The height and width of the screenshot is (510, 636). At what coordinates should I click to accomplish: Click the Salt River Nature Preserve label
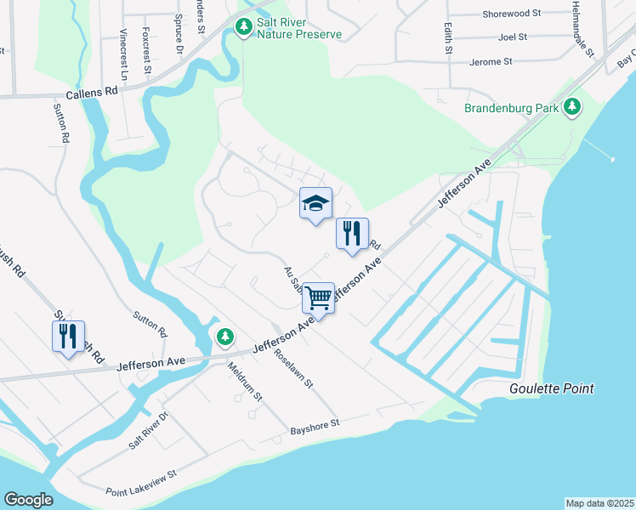tap(299, 28)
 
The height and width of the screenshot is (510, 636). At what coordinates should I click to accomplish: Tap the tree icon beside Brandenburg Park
tap(574, 107)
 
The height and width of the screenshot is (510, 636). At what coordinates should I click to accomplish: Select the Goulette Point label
tap(551, 388)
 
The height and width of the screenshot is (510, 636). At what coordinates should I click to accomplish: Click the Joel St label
tap(514, 37)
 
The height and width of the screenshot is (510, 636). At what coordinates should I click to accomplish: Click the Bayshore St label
tap(314, 423)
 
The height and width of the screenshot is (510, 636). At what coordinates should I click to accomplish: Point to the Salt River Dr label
tap(149, 431)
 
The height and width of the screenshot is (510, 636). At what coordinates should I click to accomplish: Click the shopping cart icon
tap(318, 298)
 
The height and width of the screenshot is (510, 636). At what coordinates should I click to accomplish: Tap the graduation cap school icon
tap(315, 204)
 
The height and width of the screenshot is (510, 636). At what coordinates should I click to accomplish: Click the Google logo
tap(28, 500)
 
